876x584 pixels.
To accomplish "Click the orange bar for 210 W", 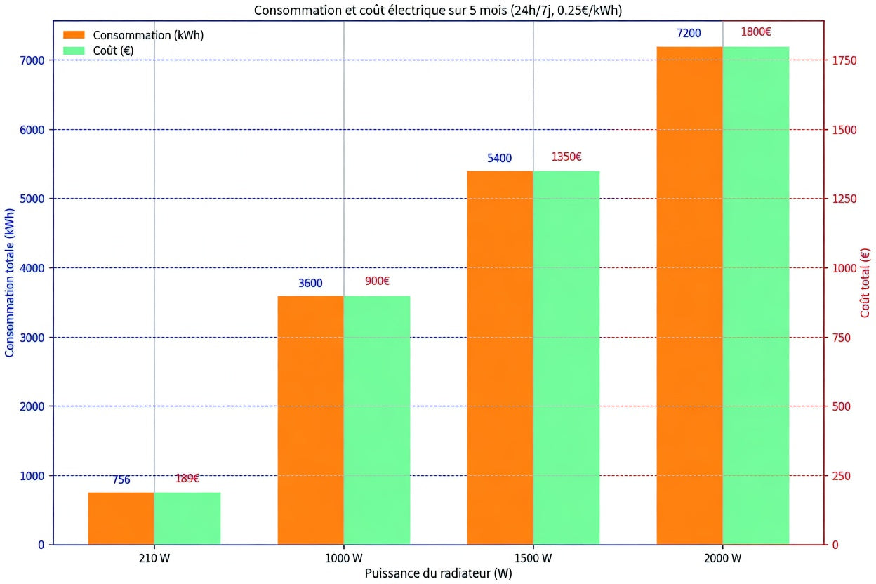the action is pyautogui.click(x=121, y=518).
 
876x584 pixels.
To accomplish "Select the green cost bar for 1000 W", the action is pyautogui.click(x=377, y=420).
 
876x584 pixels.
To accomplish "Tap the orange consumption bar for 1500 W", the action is pyautogui.click(x=500, y=357).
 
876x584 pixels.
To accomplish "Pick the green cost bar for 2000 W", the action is pyautogui.click(x=756, y=296).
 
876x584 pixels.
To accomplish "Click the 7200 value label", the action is pyautogui.click(x=689, y=33).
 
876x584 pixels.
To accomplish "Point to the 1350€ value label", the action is pyautogui.click(x=566, y=157).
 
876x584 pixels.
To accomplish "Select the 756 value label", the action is pyautogui.click(x=121, y=479).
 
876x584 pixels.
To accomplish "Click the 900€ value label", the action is pyautogui.click(x=377, y=281).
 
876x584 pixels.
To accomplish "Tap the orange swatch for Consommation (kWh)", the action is pyautogui.click(x=74, y=35).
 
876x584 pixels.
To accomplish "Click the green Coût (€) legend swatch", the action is pyautogui.click(x=74, y=51).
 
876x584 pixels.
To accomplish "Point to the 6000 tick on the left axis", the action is pyautogui.click(x=32, y=130).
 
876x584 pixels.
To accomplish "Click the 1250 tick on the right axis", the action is pyautogui.click(x=844, y=199).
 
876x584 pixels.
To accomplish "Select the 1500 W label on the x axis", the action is pyautogui.click(x=533, y=558).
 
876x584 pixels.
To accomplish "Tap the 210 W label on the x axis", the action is pyautogui.click(x=154, y=558).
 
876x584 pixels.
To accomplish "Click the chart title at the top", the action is pyautogui.click(x=438, y=10).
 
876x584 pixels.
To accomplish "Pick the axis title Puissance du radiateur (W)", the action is pyautogui.click(x=439, y=573).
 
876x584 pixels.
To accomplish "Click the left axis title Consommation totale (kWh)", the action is pyautogui.click(x=9, y=282).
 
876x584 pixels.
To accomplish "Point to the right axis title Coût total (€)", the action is pyautogui.click(x=865, y=283).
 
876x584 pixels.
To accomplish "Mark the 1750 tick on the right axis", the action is pyautogui.click(x=844, y=60).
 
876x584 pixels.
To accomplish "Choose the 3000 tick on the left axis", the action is pyautogui.click(x=32, y=338).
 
